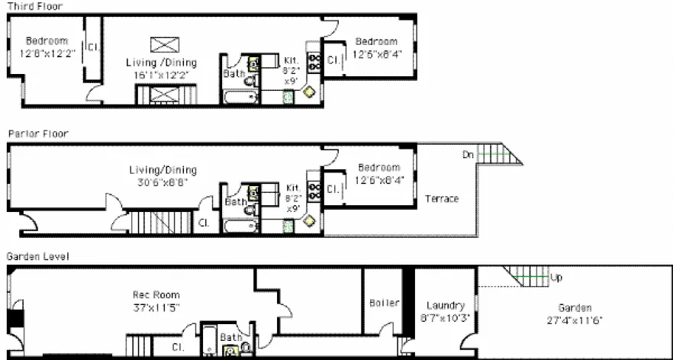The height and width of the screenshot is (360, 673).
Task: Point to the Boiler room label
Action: tap(384, 303)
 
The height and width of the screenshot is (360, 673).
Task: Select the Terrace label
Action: tap(442, 198)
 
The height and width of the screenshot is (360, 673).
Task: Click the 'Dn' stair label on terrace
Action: tap(468, 155)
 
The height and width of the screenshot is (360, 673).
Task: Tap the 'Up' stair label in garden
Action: tap(556, 278)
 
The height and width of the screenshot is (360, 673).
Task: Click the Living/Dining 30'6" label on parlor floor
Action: tap(162, 175)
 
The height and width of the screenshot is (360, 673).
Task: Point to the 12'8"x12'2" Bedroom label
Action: tap(46, 47)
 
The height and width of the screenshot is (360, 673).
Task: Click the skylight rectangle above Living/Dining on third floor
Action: tap(163, 44)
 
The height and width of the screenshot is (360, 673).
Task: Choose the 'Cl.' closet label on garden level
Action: tap(177, 347)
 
